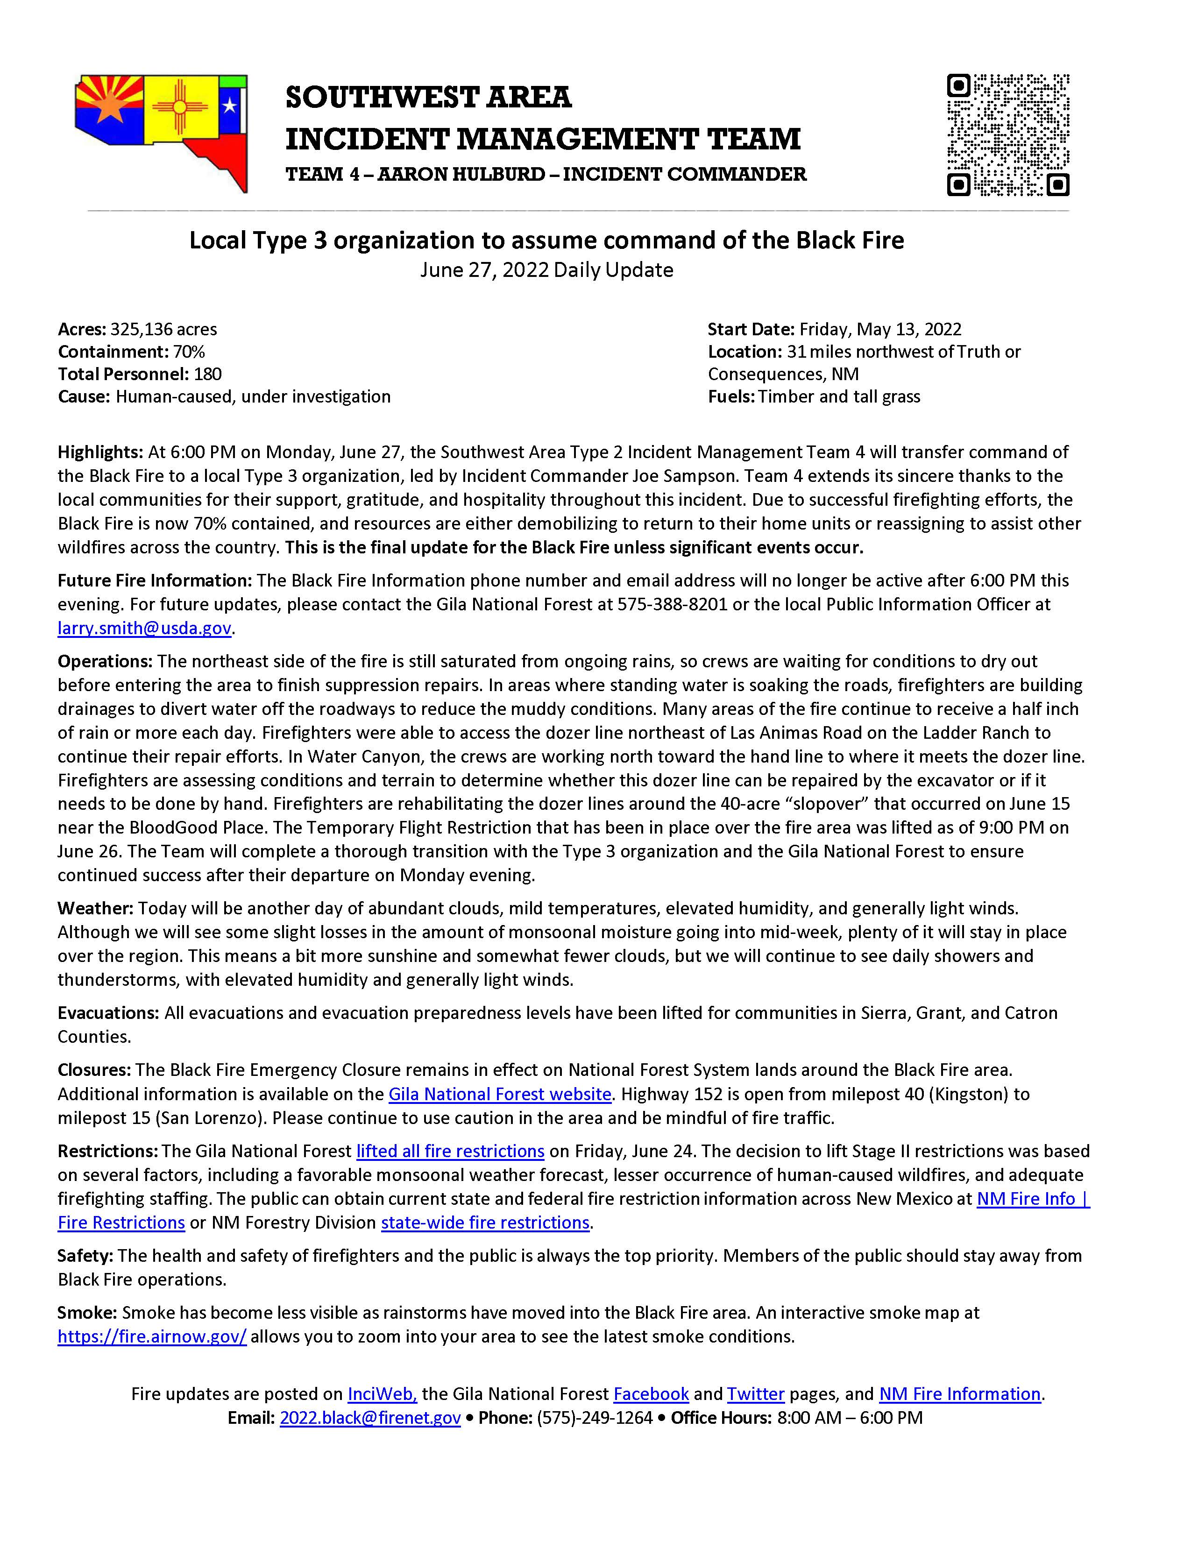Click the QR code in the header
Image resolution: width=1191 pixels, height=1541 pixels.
(1007, 135)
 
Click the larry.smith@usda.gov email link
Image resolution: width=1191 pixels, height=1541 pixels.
(145, 628)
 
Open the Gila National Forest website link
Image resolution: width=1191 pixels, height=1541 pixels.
(500, 1094)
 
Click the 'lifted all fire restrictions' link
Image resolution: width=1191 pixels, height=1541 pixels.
(450, 1151)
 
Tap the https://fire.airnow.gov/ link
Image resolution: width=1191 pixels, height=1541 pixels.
(152, 1336)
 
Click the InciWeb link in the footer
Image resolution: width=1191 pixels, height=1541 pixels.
(382, 1393)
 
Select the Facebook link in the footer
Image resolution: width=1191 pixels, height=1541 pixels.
(651, 1393)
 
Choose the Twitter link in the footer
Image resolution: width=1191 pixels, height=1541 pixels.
(756, 1393)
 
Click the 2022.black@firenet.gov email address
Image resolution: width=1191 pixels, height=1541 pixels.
(370, 1418)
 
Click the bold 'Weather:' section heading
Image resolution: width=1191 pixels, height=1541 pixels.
(95, 908)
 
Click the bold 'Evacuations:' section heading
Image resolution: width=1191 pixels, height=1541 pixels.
(108, 1012)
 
